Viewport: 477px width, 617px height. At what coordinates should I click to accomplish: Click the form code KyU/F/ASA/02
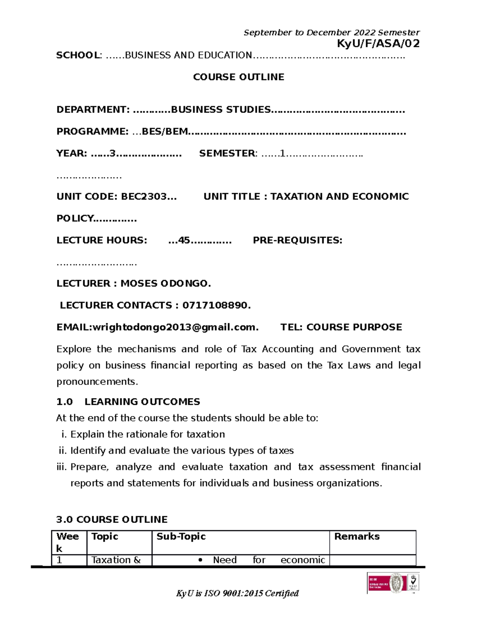point(378,43)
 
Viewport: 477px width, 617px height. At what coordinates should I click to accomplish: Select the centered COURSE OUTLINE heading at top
point(238,77)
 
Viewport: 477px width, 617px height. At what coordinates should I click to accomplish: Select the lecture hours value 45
point(184,240)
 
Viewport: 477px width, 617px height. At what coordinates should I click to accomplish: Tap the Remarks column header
point(357,536)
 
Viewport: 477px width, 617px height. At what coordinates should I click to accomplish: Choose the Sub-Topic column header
point(181,536)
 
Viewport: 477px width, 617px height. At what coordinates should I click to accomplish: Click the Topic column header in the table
point(105,536)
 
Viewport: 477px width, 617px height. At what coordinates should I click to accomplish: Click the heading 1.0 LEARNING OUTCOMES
point(128,402)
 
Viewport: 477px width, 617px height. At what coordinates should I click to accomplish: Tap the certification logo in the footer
point(393,583)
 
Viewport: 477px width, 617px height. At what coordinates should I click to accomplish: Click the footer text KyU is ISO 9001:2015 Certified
point(237,594)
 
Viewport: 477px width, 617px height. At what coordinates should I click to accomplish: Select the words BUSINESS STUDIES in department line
point(221,110)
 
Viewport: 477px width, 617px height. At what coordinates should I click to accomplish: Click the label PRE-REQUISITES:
point(297,240)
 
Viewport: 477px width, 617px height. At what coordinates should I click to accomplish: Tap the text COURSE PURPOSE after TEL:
point(354,327)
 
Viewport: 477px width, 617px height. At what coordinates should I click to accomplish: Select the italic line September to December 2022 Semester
point(332,33)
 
